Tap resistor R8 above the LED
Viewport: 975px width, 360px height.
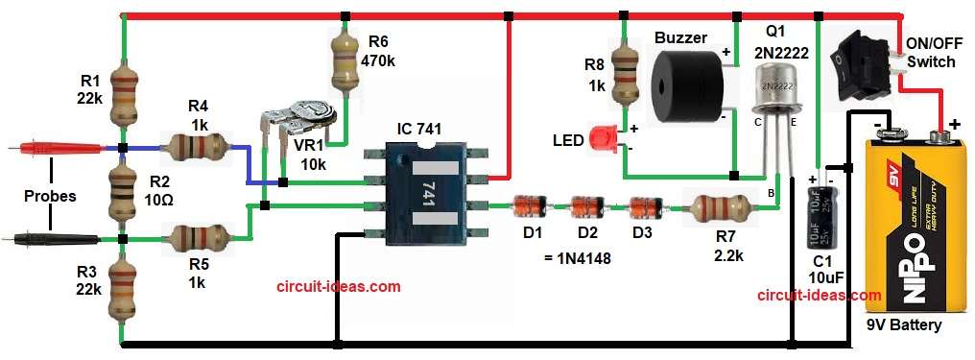point(625,72)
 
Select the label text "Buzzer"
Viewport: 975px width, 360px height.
point(680,37)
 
